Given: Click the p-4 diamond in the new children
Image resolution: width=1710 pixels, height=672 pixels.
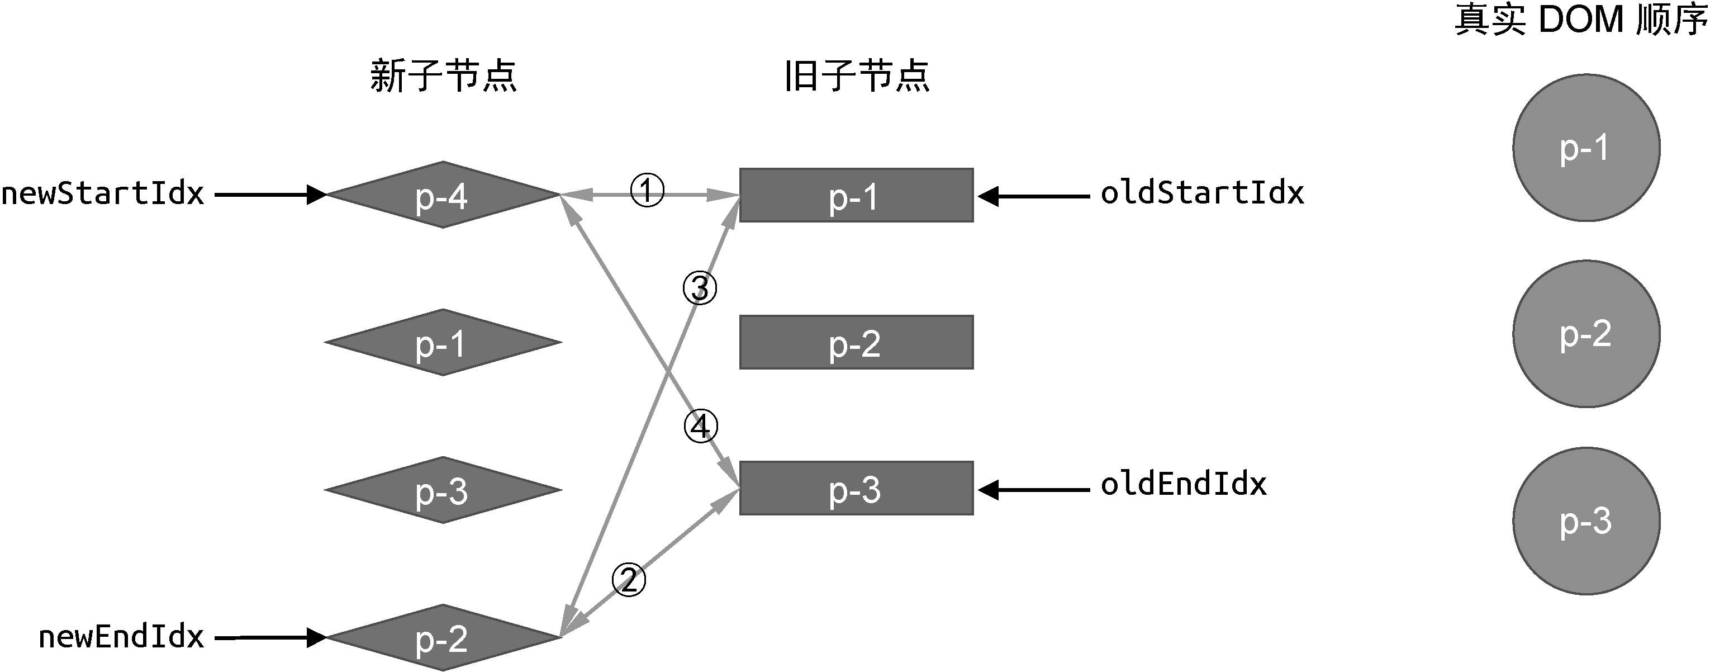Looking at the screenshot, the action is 443,195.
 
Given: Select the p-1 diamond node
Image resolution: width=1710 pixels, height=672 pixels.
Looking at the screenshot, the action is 443,342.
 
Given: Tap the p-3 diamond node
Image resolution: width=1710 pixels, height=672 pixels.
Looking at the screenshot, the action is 443,490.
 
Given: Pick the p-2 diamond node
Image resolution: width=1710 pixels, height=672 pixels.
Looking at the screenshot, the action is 443,637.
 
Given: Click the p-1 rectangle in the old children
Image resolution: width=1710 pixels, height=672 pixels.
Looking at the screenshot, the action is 856,195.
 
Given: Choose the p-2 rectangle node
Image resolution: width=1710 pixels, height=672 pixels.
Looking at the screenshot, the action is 856,342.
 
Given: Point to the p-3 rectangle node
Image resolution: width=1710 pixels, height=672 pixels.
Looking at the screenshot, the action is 856,488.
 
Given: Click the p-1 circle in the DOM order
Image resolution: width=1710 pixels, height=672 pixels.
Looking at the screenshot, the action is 1586,148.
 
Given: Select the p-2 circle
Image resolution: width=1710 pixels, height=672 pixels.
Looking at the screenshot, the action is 1586,334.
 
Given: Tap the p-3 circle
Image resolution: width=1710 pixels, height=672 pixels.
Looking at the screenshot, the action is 1586,521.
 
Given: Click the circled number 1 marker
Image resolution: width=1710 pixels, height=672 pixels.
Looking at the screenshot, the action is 647,191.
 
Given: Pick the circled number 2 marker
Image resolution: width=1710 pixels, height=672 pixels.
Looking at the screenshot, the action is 628,580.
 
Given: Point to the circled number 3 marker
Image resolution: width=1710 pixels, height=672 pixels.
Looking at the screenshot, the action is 700,288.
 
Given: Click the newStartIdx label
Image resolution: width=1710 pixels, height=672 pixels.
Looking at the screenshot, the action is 103,193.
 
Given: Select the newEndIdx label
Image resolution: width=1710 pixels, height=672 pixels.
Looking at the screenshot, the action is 121,637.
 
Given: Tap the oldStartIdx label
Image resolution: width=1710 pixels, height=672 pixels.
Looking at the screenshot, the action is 1202,192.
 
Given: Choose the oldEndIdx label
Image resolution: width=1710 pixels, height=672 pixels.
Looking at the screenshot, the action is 1184,484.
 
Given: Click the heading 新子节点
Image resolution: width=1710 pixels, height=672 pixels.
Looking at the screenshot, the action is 444,75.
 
